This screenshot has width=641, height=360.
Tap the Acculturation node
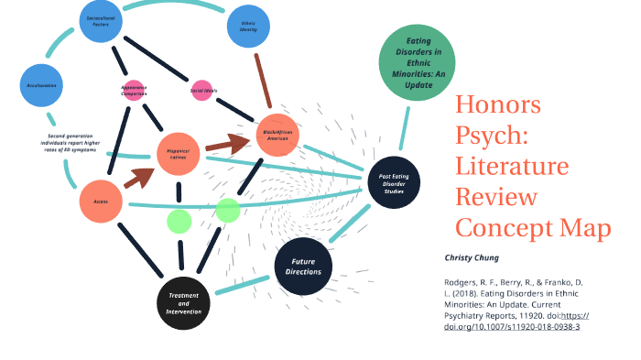click(x=43, y=85)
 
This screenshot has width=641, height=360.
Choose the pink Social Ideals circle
click(x=202, y=91)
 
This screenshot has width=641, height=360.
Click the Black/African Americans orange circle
click(x=278, y=135)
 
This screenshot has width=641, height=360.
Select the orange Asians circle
click(x=102, y=201)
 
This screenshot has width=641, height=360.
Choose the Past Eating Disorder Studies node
click(x=393, y=177)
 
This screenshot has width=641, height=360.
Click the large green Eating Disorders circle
click(x=415, y=60)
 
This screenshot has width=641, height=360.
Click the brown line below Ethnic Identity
click(x=261, y=80)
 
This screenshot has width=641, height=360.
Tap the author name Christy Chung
click(x=473, y=258)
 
